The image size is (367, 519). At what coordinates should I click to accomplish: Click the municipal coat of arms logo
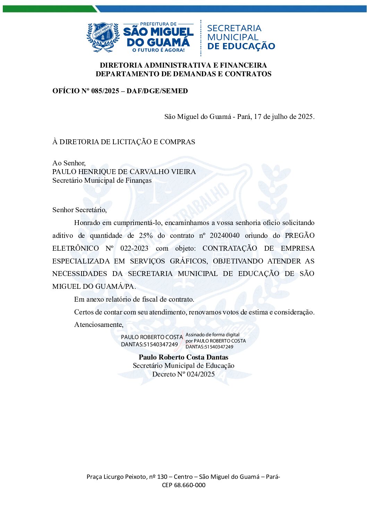click(x=103, y=37)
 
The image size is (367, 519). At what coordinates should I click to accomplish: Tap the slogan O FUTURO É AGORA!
click(x=159, y=50)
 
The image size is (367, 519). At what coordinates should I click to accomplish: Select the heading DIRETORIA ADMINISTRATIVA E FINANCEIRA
click(x=183, y=65)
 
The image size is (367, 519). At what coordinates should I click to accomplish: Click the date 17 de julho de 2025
click(x=284, y=116)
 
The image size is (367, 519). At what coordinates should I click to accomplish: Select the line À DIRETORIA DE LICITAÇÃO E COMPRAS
click(x=123, y=142)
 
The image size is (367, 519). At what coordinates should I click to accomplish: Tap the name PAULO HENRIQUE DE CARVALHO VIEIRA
click(x=124, y=172)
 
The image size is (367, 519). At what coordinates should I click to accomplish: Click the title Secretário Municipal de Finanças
click(x=102, y=180)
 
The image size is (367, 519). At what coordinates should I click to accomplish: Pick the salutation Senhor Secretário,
click(x=79, y=210)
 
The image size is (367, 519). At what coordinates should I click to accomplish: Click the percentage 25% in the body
click(x=146, y=236)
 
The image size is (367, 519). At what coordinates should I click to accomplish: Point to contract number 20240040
click(x=224, y=236)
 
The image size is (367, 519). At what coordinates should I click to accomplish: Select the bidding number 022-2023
click(x=134, y=249)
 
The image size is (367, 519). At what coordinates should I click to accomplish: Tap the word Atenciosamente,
click(x=99, y=325)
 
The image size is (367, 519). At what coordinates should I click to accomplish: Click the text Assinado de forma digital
click(x=212, y=335)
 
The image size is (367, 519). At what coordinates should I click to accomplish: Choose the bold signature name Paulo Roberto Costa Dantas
click(x=183, y=357)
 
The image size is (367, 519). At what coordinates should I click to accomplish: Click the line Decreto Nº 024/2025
click(x=183, y=374)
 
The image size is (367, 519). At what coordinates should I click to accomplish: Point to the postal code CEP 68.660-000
click(x=183, y=485)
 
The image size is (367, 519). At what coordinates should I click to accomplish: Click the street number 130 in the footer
click(x=162, y=477)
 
